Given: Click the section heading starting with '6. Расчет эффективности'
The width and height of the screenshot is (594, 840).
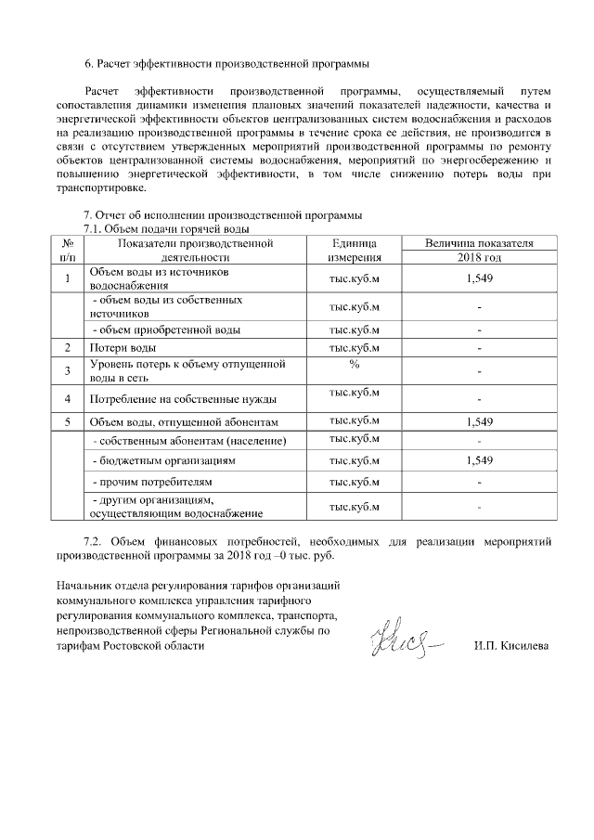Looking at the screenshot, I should point(226,64).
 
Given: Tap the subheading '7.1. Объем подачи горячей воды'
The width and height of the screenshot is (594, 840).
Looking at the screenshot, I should point(168,229).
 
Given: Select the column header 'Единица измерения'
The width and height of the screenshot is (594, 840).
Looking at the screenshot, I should point(354,250).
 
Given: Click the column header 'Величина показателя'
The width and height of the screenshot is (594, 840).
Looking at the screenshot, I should point(478,242).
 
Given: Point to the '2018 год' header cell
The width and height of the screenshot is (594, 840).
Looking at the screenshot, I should point(478,257).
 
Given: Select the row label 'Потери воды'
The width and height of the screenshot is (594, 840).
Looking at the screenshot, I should point(122,347).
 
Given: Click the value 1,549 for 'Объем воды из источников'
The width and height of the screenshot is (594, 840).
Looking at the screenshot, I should point(478,279).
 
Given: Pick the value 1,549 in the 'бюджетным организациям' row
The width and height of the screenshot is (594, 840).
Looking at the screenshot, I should point(478,460).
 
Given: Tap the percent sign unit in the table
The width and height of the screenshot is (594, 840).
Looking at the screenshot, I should point(354,364).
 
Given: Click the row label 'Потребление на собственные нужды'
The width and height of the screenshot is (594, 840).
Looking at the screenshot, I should point(182,399).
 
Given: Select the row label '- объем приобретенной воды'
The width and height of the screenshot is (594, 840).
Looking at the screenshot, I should point(164,330).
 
